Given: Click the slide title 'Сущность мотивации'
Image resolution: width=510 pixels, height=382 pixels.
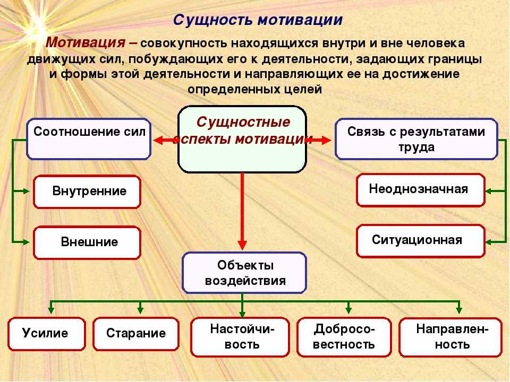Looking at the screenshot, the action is tap(258, 20).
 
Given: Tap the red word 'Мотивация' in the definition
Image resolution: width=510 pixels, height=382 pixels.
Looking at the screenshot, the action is tap(86, 42).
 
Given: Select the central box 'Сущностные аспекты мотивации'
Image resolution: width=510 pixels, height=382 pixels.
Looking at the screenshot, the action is tap(242, 139).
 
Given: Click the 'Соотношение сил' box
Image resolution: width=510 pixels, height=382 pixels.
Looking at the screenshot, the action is tap(89, 139).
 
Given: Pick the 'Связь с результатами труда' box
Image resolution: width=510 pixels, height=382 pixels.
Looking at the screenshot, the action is tap(416, 139).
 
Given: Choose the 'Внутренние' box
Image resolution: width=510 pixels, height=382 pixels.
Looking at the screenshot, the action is tap(87, 192).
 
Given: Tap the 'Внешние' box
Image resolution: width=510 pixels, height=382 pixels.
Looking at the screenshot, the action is tap(87, 242).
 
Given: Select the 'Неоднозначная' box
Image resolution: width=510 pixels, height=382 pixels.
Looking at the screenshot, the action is tap(421, 190).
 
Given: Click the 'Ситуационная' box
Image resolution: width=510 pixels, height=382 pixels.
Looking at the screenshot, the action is tap(421, 241).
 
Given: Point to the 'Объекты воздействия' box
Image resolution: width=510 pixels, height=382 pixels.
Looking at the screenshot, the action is tap(244, 273).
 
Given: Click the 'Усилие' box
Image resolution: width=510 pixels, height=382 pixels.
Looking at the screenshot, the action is tap(47, 334).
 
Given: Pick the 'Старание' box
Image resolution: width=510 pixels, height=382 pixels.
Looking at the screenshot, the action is tap(136, 334).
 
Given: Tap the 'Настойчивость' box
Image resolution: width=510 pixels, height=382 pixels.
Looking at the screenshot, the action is tap(240, 337).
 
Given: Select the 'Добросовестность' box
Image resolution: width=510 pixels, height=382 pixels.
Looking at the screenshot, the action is tap(344, 337).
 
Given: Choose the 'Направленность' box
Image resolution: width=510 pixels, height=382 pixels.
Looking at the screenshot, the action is tap(450, 337).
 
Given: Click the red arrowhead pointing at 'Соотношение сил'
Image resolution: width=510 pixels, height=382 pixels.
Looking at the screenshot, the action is tap(158, 140).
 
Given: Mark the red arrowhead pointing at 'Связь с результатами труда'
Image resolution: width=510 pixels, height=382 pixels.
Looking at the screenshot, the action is tap(326, 140).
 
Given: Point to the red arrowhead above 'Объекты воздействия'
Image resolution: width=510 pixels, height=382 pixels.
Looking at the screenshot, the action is tap(242, 245).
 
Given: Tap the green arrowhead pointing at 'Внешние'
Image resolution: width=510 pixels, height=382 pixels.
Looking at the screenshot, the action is tap(26, 242).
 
